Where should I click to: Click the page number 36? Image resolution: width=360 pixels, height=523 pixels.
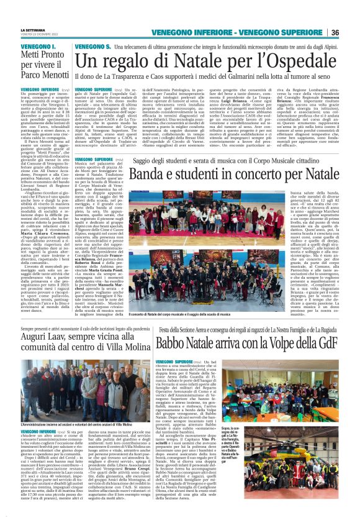click(352, 33)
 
